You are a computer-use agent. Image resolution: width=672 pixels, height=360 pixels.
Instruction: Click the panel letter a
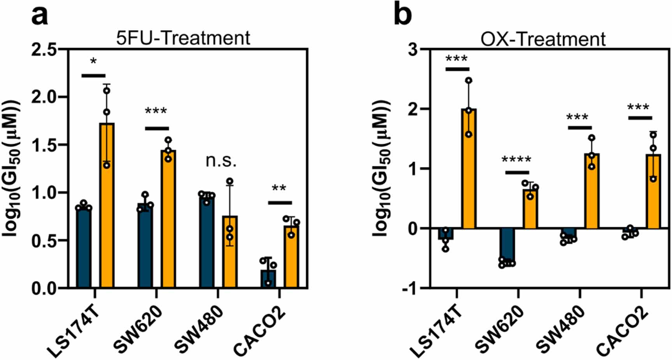[40, 16]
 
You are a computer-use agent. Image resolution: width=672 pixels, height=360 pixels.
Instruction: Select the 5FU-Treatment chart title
[183, 38]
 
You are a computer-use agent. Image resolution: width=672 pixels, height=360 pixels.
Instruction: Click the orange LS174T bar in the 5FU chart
[106, 206]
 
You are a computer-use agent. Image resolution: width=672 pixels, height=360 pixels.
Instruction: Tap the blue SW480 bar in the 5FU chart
[206, 242]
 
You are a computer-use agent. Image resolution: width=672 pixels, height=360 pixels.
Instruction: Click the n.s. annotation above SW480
[221, 161]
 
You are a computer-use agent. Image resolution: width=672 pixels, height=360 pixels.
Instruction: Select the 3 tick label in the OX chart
[412, 49]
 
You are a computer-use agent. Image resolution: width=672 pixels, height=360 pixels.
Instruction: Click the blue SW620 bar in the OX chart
[507, 245]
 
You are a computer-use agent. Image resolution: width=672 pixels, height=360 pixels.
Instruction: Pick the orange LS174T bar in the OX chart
[469, 169]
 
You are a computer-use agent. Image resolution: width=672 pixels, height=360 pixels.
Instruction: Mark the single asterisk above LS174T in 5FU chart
[93, 62]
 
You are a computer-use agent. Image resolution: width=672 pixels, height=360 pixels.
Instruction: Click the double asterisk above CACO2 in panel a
[279, 189]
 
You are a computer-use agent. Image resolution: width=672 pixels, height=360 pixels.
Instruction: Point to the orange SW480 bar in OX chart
[591, 191]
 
